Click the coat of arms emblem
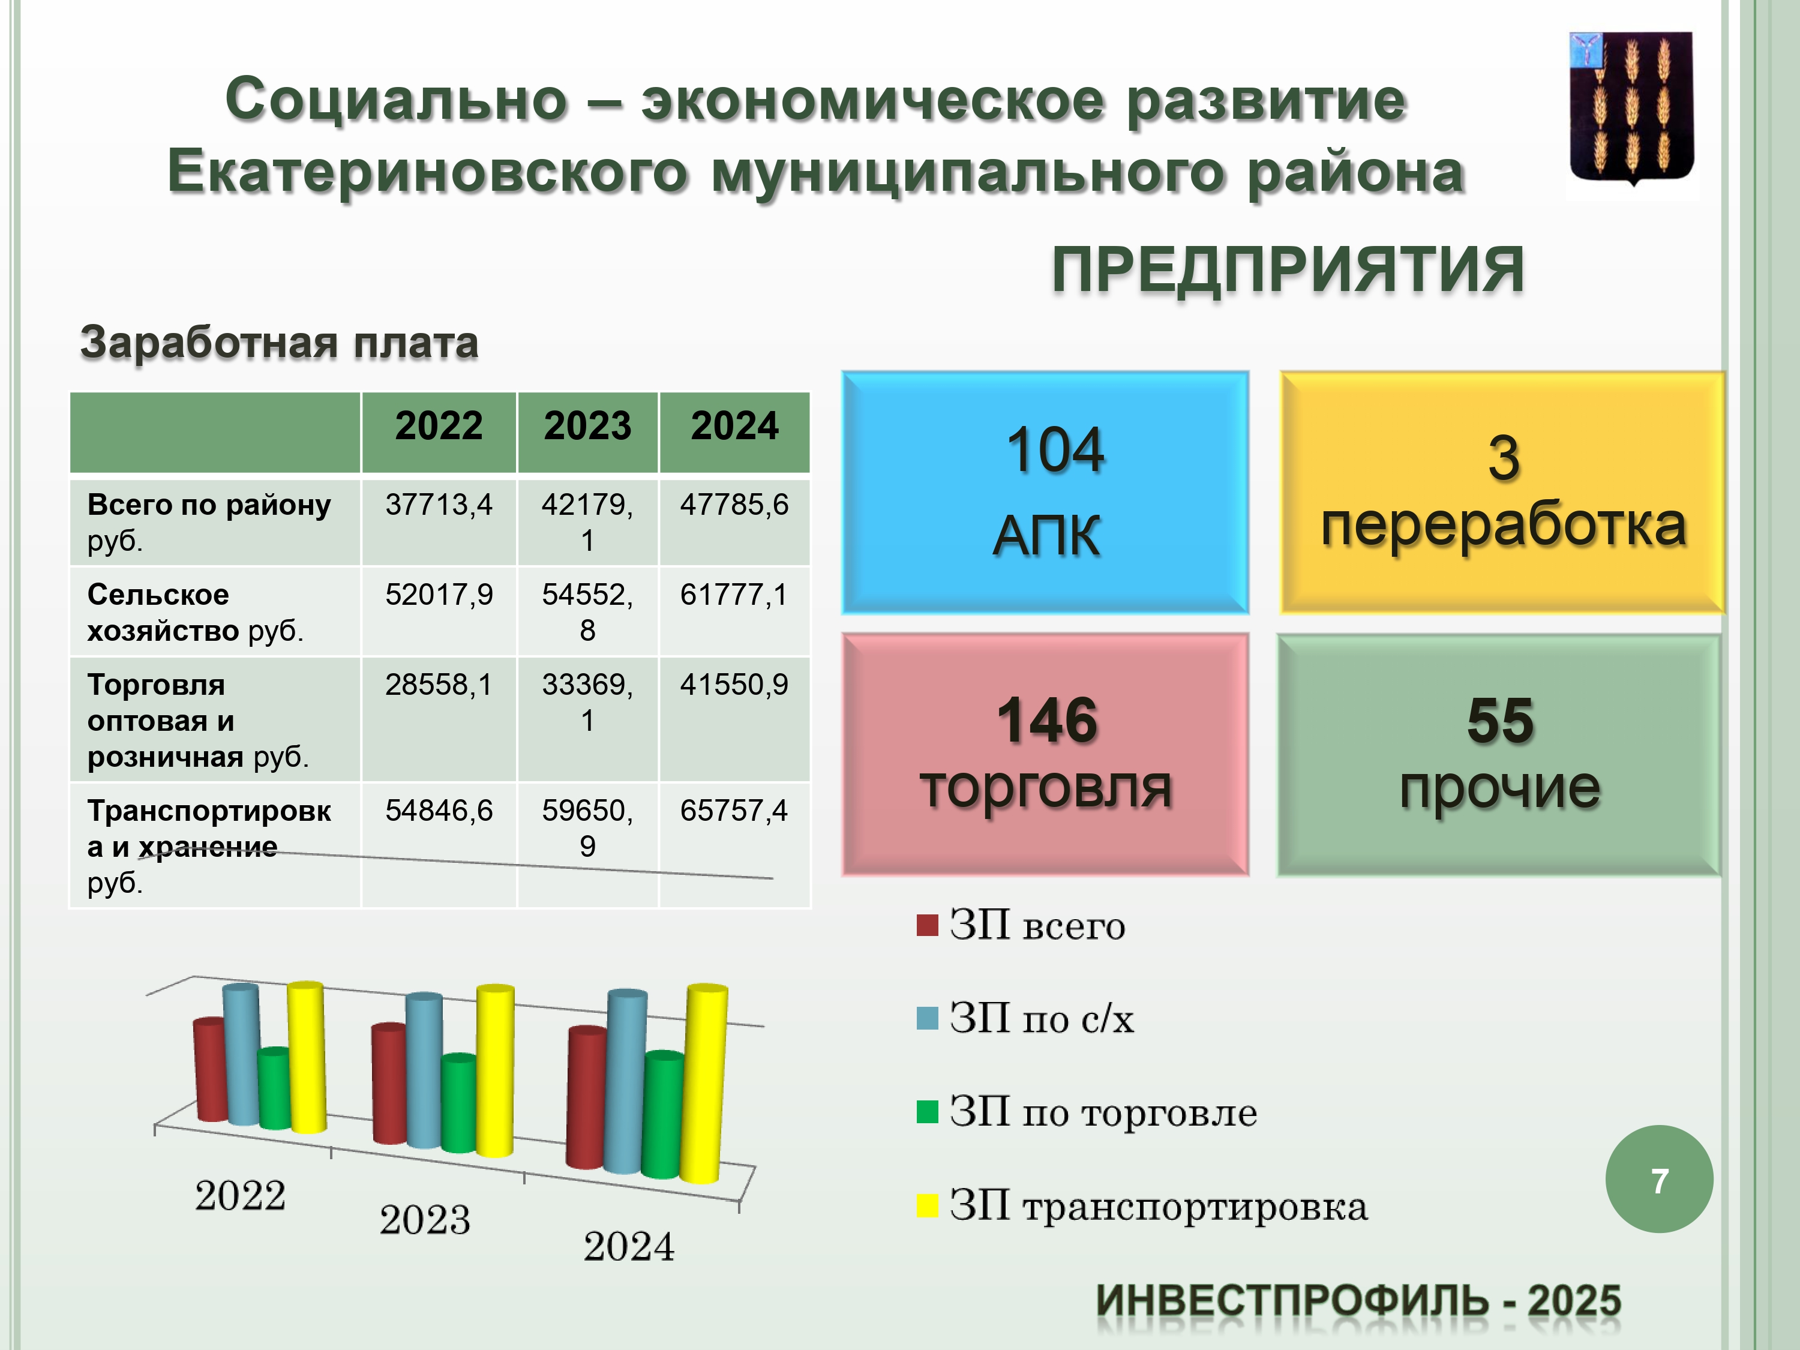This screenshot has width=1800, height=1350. pyautogui.click(x=1631, y=110)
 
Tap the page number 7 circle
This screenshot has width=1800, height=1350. pyautogui.click(x=1659, y=1179)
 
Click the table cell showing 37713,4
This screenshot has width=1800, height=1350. pyautogui.click(x=439, y=505)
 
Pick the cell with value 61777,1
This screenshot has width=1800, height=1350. pyautogui.click(x=734, y=595)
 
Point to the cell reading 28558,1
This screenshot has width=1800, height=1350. pyautogui.click(x=439, y=685)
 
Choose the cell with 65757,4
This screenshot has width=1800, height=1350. pyautogui.click(x=734, y=811)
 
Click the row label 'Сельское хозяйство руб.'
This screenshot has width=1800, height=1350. pyautogui.click(x=195, y=612)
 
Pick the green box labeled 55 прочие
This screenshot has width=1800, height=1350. pyautogui.click(x=1499, y=754)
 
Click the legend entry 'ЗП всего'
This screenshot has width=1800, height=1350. pyautogui.click(x=1021, y=926)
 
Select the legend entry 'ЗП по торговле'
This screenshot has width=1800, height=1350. pyautogui.click(x=1087, y=1112)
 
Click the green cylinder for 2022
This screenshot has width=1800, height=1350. pyautogui.click(x=274, y=1089)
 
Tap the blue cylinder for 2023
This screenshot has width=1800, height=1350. pyautogui.click(x=424, y=1070)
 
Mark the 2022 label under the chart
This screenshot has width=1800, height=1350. pyautogui.click(x=240, y=1195)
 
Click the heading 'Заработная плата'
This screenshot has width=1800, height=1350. pyautogui.click(x=279, y=343)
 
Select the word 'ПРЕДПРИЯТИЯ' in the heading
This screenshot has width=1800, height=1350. pyautogui.click(x=1288, y=269)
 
